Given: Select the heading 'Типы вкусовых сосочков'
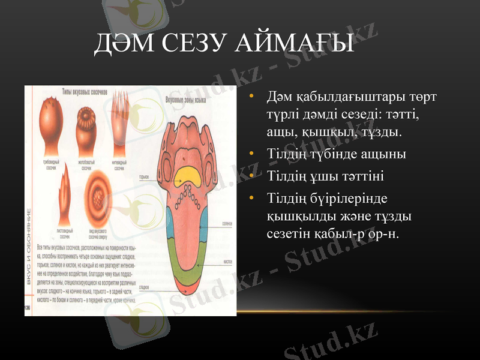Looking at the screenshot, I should (85, 92).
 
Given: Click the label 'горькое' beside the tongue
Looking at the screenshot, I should (143, 177).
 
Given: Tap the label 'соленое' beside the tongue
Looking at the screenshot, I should (227, 223).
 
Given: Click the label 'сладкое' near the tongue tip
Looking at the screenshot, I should (144, 287).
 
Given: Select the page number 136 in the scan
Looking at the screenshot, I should (28, 307).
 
